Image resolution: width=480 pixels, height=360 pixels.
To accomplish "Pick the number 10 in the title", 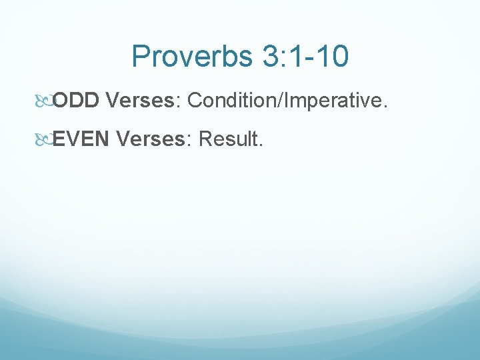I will (x=330, y=57).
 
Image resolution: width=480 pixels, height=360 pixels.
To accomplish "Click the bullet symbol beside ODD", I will (x=45, y=101).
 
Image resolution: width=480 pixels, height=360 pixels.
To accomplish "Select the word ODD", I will (x=76, y=101).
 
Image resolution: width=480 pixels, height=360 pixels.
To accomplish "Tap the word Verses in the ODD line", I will (x=139, y=101).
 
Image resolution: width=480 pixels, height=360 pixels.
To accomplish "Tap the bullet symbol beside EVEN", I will (x=45, y=139).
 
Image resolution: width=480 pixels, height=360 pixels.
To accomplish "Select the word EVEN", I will (x=81, y=139).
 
